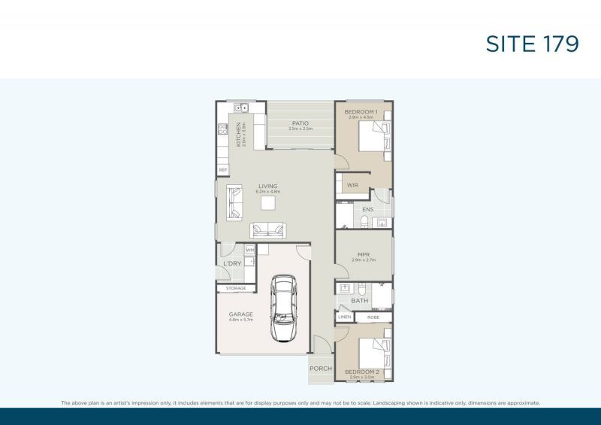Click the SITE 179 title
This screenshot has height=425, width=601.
pos(532,44)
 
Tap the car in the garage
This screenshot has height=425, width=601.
pos(283,308)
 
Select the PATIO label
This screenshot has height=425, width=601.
pos(300,123)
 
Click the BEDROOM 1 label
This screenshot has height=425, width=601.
pos(361,112)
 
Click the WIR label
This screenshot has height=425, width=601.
pos(352,184)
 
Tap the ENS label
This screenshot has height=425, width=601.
pos(367,209)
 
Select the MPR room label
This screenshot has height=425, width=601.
pos(363,254)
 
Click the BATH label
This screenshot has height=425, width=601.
pos(360,302)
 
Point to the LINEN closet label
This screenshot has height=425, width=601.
pos(344,317)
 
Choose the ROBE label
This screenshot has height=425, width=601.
pos(373,317)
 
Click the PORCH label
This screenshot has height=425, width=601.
pos(321,368)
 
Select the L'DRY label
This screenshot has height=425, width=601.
pos(232,263)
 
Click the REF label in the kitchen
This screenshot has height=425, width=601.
pos(222,170)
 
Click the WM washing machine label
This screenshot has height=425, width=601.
pos(250,250)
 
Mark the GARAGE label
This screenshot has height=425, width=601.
pos(241,314)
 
